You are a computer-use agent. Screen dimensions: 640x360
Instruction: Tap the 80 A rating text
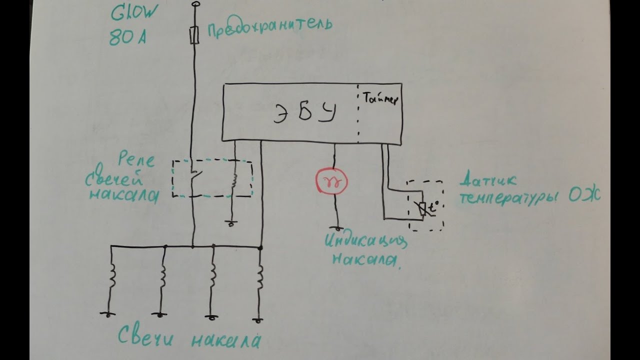pos(127,38)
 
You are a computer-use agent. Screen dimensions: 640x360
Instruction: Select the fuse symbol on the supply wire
pos(194,34)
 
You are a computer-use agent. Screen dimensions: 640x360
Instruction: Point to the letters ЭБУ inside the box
pos(303,114)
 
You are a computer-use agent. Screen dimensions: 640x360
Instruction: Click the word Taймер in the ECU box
pos(380,99)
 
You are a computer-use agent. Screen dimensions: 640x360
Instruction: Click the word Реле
pos(136,161)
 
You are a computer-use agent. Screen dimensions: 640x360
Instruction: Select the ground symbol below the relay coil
pos(230,223)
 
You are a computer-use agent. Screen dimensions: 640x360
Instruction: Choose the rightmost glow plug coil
pos(260,279)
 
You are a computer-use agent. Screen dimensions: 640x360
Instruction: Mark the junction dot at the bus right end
pos(260,247)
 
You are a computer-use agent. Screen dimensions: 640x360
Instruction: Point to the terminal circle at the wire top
pos(194,5)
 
